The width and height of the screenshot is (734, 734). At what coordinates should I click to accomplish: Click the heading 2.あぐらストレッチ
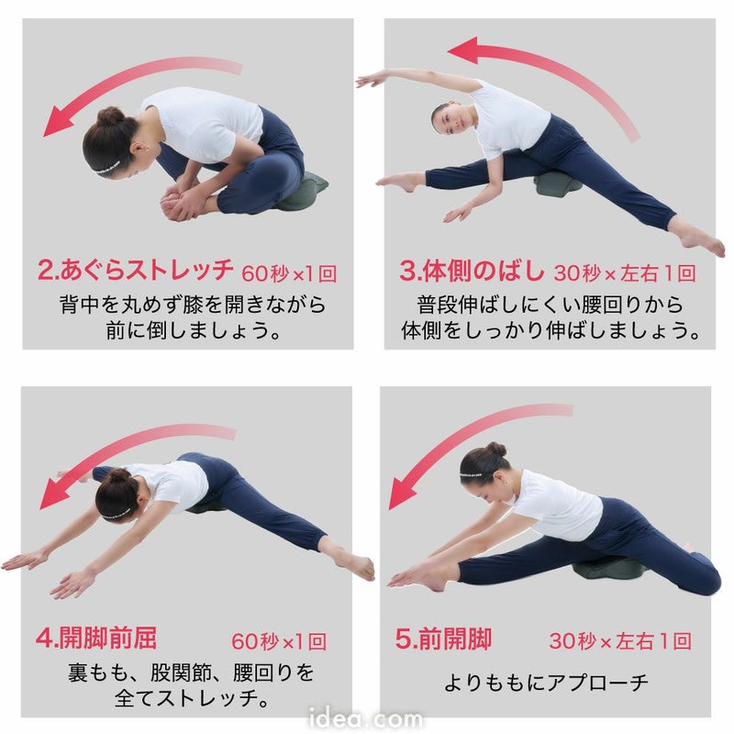tap(136, 271)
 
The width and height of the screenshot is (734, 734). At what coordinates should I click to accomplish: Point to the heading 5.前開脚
tap(444, 639)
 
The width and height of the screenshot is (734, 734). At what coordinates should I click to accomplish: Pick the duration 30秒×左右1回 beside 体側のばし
tap(625, 272)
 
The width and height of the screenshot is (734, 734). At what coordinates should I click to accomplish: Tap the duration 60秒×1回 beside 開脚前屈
tap(279, 641)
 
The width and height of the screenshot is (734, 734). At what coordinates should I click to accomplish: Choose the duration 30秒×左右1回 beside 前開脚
tap(620, 641)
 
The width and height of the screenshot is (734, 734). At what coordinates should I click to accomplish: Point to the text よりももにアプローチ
tap(546, 682)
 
